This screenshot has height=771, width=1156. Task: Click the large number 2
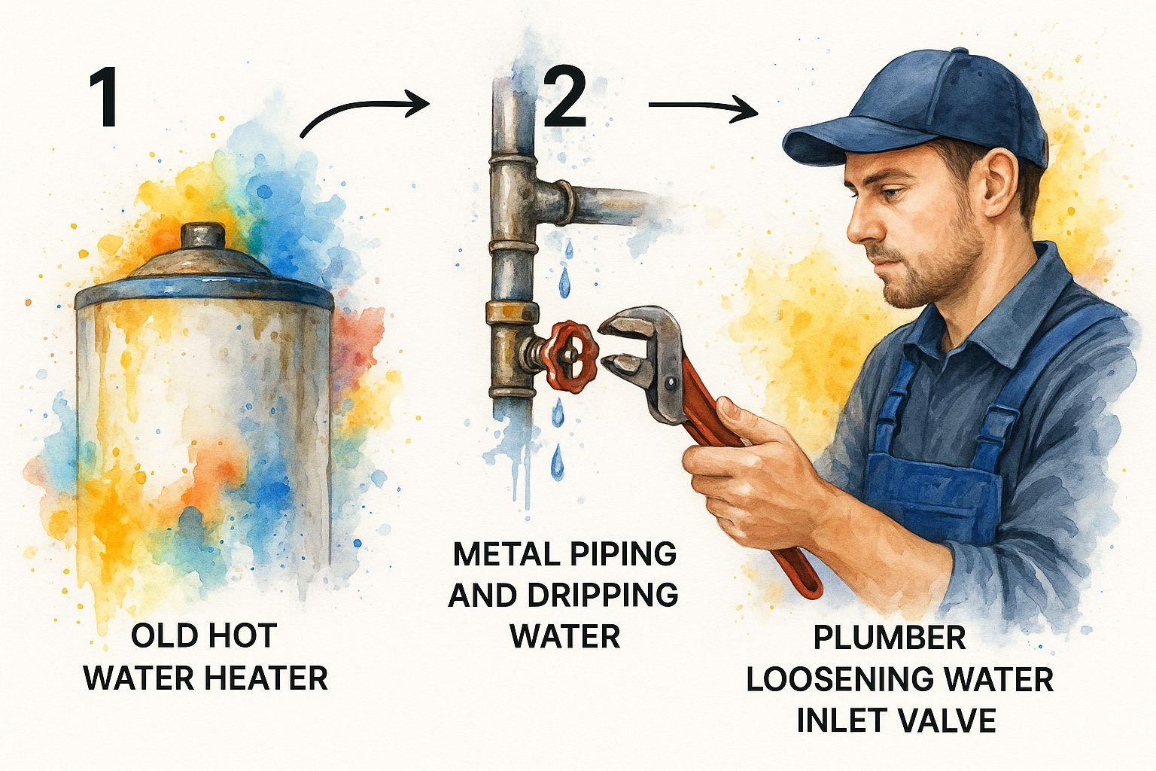click(x=565, y=98)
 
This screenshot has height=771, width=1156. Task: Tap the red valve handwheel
click(x=572, y=355)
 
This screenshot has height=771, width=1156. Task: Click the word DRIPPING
click(x=602, y=595)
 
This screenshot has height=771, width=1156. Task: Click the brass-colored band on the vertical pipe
click(x=513, y=312)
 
